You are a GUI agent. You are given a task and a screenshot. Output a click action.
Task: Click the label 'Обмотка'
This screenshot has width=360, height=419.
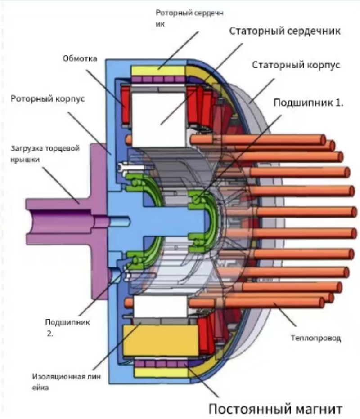tap(80, 58)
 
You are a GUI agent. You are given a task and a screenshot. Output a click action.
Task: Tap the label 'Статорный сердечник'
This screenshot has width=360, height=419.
tap(285, 31)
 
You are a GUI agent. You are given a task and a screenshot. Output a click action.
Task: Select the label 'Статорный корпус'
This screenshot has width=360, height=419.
tap(296, 65)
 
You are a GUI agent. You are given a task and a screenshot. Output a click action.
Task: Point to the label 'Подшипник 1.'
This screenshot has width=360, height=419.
tap(308, 103)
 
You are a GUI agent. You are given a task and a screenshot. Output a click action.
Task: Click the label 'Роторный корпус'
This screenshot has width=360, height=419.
tap(48, 99)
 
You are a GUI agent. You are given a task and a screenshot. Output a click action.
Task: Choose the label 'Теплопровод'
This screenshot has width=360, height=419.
tap(316, 338)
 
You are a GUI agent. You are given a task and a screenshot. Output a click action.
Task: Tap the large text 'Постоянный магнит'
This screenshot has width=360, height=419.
tap(275, 409)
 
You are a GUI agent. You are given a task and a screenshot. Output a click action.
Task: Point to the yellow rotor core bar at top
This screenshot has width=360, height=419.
tap(158, 71)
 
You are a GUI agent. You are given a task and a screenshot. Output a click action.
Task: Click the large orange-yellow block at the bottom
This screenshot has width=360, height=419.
tap(161, 340)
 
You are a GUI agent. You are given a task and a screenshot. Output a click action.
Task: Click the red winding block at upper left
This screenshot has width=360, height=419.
tap(126, 105)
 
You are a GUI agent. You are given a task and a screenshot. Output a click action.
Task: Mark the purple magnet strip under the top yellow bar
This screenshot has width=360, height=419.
tap(158, 80)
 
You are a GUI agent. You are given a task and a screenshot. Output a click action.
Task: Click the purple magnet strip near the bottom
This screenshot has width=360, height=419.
tap(161, 364)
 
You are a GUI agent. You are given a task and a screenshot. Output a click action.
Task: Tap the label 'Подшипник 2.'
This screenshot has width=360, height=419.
tap(67, 327)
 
